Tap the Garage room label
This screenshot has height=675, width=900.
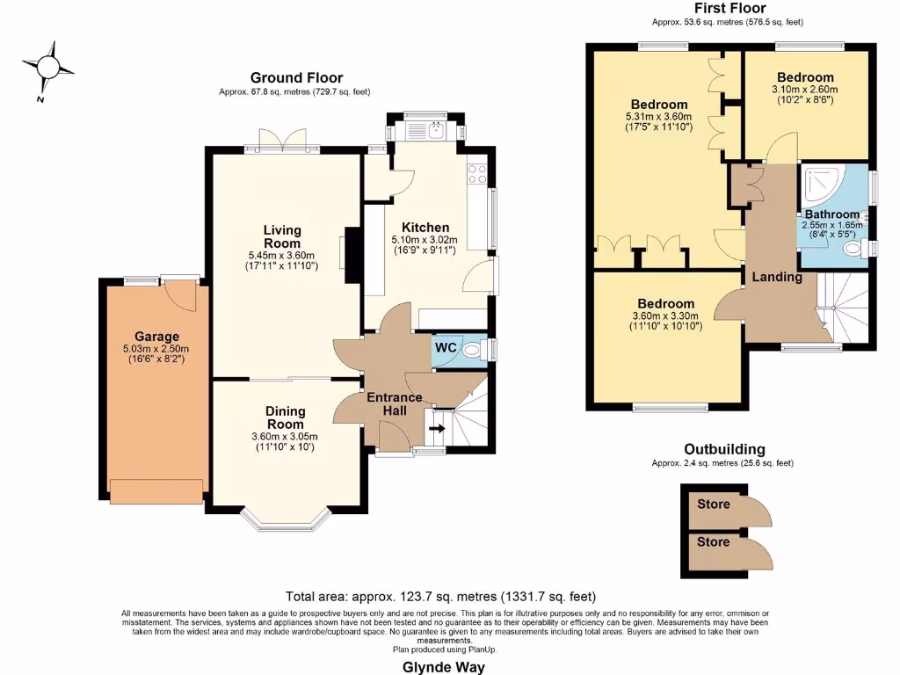156,337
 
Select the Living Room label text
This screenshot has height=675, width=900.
282,236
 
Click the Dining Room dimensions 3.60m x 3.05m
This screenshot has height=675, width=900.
285,436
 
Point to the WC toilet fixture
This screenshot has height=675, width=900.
473,349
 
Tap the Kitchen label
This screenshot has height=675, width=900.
425,227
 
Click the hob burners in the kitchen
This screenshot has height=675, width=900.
477,174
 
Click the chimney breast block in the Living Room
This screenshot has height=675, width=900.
352,256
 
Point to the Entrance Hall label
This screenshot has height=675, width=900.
395,404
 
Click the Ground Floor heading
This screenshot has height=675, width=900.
296,78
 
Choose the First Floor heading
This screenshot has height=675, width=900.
727,8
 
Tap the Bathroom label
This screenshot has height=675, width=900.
831,214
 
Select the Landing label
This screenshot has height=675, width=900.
777,277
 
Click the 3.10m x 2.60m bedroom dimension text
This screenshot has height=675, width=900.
805,89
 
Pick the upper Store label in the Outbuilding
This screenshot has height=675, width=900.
713,504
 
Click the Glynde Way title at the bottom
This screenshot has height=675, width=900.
449,666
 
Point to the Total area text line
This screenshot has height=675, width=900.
446,596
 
